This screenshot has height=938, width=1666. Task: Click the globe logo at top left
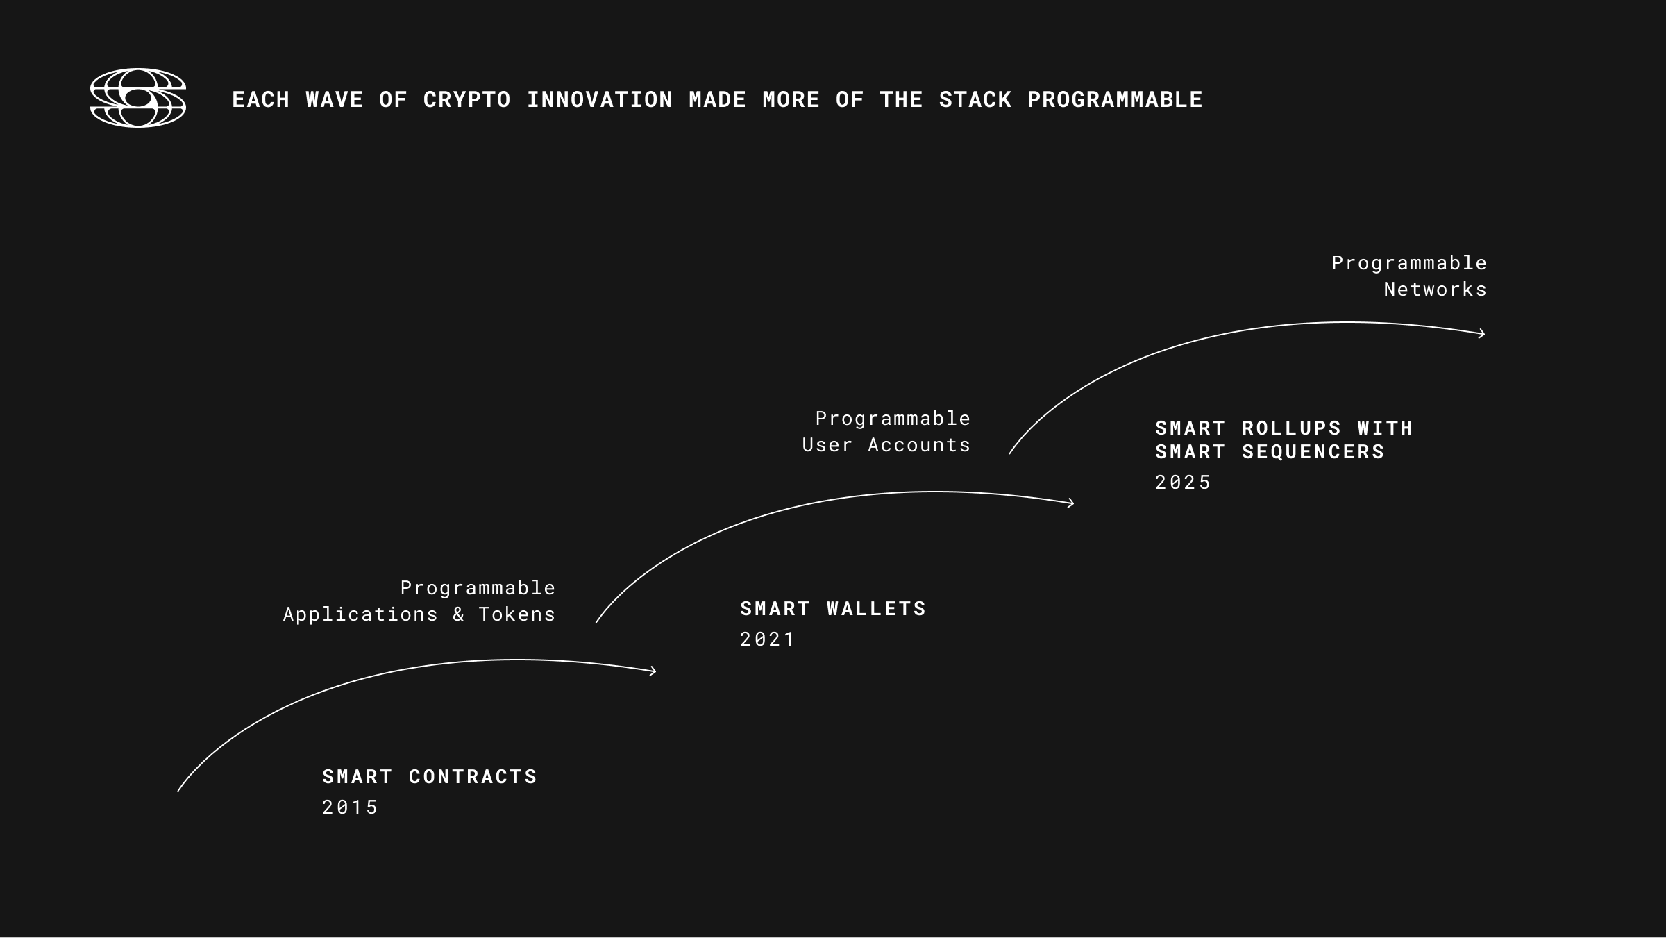(x=138, y=98)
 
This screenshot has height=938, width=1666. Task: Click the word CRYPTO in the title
(x=467, y=100)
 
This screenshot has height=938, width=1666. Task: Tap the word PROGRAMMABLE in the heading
(x=1115, y=100)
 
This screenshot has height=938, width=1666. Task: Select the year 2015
(x=350, y=807)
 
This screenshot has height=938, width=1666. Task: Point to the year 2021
(x=767, y=639)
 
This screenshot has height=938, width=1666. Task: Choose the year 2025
(x=1183, y=482)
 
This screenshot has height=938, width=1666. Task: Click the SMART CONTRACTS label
(x=430, y=776)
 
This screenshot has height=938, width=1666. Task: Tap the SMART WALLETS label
(x=833, y=608)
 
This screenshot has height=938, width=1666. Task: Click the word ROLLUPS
(x=1292, y=428)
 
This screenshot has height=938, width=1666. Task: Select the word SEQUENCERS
(x=1313, y=451)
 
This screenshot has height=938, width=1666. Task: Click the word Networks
(x=1436, y=289)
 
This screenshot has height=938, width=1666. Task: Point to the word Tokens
(x=517, y=614)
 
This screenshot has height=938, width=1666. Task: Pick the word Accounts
(x=919, y=444)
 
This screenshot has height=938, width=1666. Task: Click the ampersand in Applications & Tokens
(x=458, y=614)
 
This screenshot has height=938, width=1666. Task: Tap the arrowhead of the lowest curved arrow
(x=652, y=671)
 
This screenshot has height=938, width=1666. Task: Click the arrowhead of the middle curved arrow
(x=1070, y=503)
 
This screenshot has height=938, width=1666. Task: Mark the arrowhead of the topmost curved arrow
(x=1481, y=334)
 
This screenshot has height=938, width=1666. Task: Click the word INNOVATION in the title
(x=600, y=100)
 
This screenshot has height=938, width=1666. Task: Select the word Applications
(x=360, y=614)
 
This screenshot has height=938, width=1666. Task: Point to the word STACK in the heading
(x=975, y=100)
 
